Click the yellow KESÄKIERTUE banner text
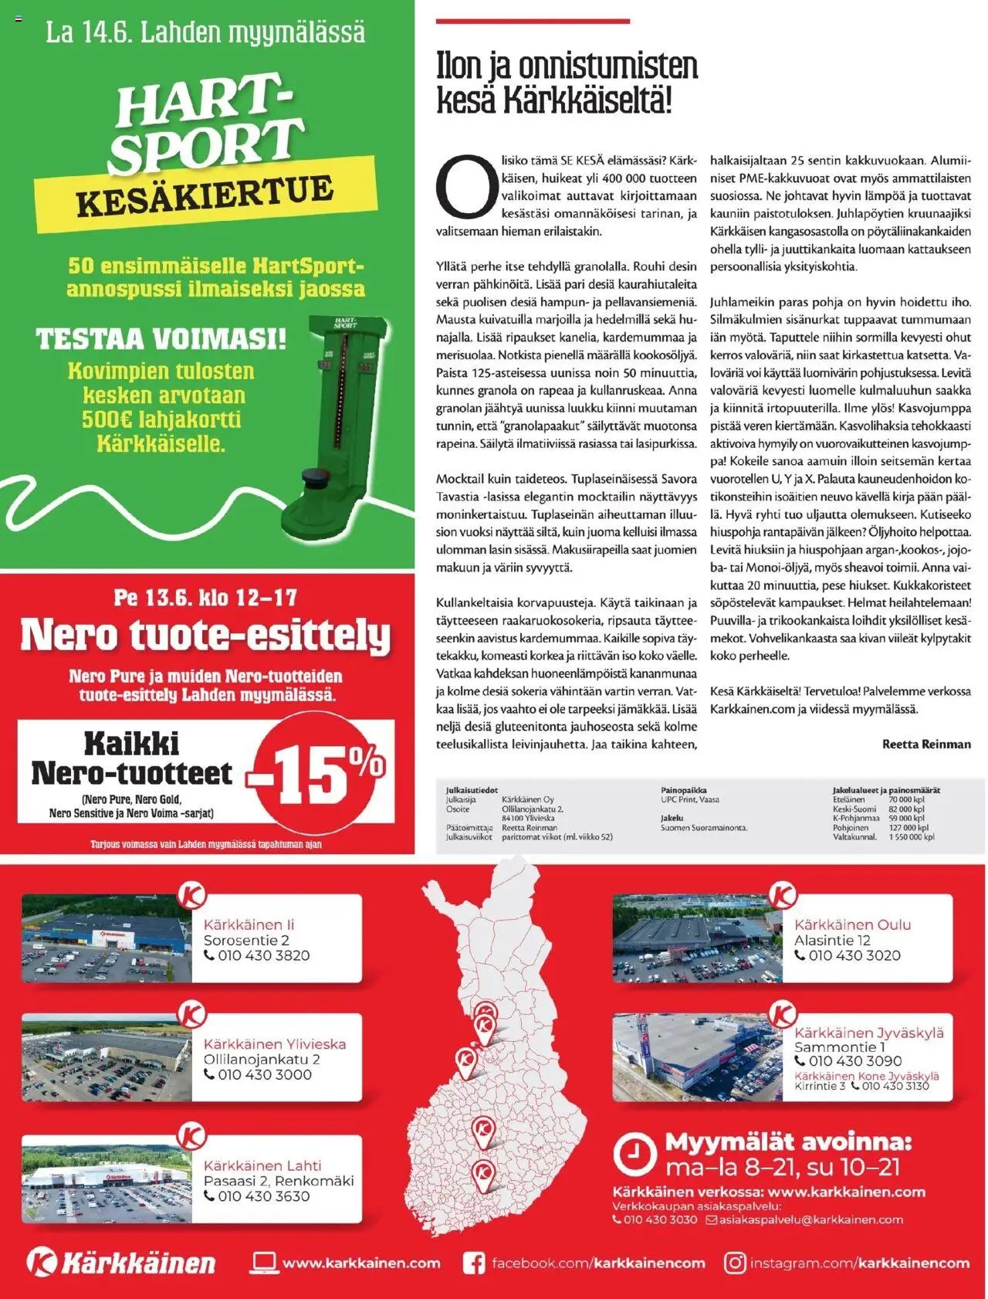click(x=205, y=197)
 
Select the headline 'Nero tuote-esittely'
click(x=205, y=635)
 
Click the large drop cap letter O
click(x=466, y=188)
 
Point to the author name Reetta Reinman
click(x=926, y=744)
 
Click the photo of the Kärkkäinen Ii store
click(x=106, y=938)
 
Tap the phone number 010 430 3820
click(x=264, y=955)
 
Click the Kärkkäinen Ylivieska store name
click(x=275, y=1043)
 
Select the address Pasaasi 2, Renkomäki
click(x=279, y=1181)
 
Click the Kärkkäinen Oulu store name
click(x=852, y=924)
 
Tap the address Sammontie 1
click(x=840, y=1047)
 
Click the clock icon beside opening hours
click(x=634, y=1155)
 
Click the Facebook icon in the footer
click(x=474, y=1263)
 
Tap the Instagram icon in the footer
click(x=735, y=1263)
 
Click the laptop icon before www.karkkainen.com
click(x=264, y=1263)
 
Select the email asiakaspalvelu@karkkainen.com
click(x=810, y=1220)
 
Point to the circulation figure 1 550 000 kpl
click(x=912, y=836)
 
